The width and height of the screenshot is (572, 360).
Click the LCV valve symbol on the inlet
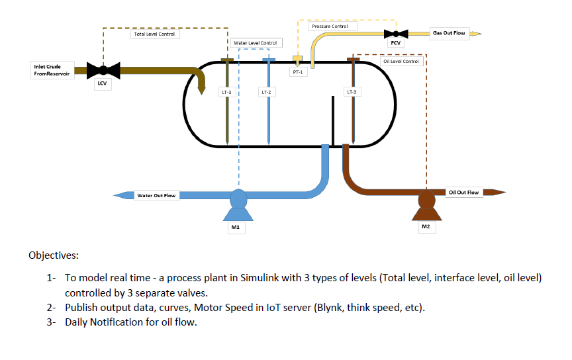tap(102, 69)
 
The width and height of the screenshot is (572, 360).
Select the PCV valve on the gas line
tap(396, 33)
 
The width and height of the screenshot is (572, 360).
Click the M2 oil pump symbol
tap(426, 202)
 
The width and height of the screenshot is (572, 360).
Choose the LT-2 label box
tap(267, 92)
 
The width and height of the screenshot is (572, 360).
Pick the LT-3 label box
tap(352, 92)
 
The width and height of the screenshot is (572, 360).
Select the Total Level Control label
tap(154, 34)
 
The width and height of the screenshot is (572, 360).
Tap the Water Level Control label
tap(256, 43)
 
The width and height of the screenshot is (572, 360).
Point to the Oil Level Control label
tap(401, 62)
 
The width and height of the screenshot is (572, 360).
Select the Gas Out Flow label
tap(448, 32)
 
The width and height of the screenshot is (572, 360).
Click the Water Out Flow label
tap(156, 195)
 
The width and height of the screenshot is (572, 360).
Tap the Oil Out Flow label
tap(463, 193)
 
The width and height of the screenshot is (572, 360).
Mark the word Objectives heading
tap(54, 255)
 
